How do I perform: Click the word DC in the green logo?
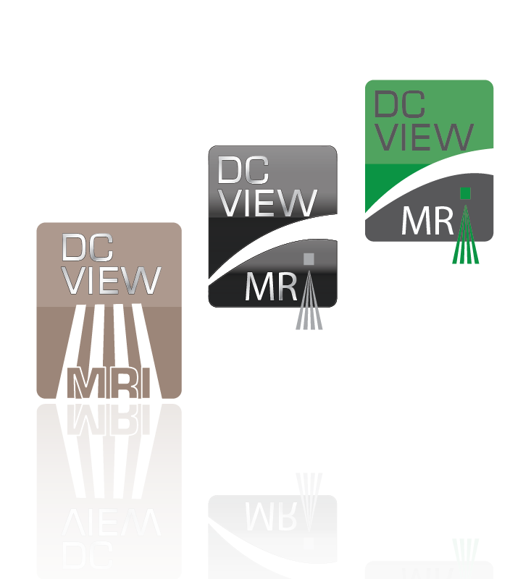(398, 105)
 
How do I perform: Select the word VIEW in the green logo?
(425, 138)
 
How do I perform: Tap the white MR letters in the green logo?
(427, 221)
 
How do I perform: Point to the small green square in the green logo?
(465, 193)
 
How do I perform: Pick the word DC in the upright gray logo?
(243, 170)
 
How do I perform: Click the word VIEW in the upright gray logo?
(268, 203)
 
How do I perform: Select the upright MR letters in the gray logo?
(271, 287)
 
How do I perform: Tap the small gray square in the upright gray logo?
(309, 258)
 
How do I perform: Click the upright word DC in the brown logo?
(87, 248)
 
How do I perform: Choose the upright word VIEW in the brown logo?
(112, 280)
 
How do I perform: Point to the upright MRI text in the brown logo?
(109, 384)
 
